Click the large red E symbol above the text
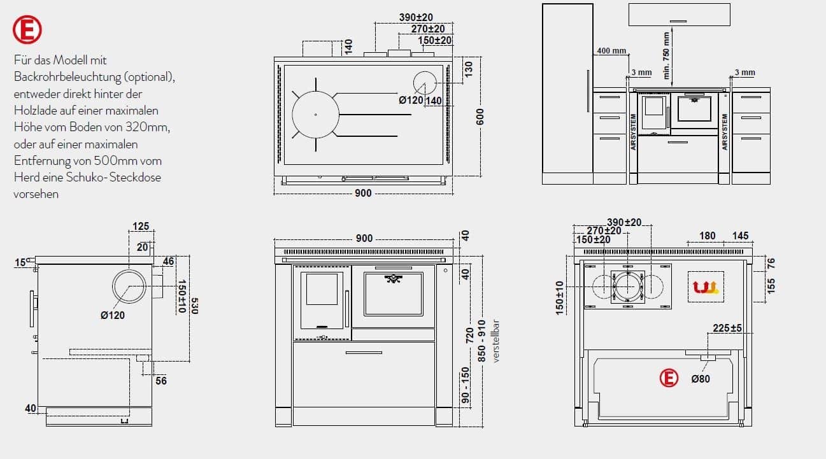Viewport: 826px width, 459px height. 27,29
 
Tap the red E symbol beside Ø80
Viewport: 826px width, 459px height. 669,378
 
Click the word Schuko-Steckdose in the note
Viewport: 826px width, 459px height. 113,178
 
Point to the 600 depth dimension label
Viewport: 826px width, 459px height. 480,117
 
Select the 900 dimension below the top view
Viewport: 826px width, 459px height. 363,193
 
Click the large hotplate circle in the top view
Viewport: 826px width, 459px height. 315,115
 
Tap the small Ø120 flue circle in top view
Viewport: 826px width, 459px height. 425,83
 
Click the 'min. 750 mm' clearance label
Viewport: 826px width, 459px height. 666,55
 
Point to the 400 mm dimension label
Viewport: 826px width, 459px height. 611,50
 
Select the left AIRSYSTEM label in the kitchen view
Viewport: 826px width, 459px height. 634,132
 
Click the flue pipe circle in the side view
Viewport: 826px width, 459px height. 129,286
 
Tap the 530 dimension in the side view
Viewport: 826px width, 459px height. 194,306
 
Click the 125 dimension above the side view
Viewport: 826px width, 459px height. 141,226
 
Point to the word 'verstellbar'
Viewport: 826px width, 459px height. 496,341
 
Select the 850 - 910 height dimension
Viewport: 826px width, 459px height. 481,341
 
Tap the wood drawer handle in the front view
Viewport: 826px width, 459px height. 364,353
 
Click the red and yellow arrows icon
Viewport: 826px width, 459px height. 706,287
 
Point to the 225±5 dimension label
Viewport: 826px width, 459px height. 727,328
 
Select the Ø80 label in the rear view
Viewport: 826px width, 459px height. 701,379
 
